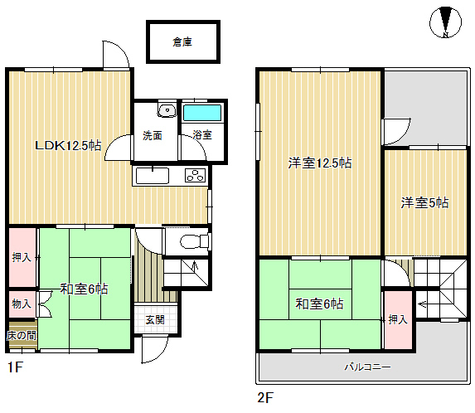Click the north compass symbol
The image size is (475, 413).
(x=445, y=22)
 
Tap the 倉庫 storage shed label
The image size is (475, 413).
(x=182, y=41)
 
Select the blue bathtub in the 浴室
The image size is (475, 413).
(x=202, y=113)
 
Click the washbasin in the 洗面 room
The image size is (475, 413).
(x=167, y=110)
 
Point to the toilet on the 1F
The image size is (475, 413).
(x=194, y=242)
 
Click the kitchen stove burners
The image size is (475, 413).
(x=196, y=176)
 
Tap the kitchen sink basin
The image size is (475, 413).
(x=152, y=176)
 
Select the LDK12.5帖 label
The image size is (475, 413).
(x=68, y=146)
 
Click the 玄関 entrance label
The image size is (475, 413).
(x=155, y=319)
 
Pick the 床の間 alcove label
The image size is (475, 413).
(x=22, y=335)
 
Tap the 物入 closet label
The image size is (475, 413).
(x=22, y=304)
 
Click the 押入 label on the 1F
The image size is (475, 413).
(x=22, y=257)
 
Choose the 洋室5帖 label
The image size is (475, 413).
(x=424, y=202)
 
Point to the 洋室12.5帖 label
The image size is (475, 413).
(x=320, y=163)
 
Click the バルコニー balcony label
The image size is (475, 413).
(x=368, y=367)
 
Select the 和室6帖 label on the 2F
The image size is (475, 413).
(x=319, y=304)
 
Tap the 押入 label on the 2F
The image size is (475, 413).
(x=398, y=319)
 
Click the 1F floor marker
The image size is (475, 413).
(x=16, y=367)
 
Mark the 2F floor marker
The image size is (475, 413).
(x=265, y=397)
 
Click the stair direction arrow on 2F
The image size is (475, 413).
(x=422, y=304)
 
